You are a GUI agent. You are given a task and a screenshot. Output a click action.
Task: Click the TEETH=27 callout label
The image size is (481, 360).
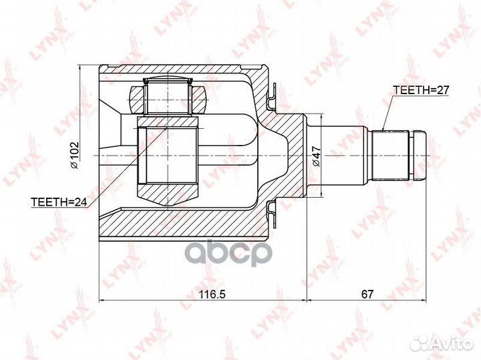tap(421, 90)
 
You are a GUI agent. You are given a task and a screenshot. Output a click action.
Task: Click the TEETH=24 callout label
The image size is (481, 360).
tap(59, 202)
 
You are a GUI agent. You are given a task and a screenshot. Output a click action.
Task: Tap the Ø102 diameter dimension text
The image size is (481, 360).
tap(74, 155)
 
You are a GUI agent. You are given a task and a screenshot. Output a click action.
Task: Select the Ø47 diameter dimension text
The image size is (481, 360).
tap(316, 156)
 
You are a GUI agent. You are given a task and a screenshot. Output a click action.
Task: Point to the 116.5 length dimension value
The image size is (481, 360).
tap(212, 295)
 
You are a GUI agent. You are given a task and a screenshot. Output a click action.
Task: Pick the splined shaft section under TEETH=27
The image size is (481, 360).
tap(390, 156)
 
